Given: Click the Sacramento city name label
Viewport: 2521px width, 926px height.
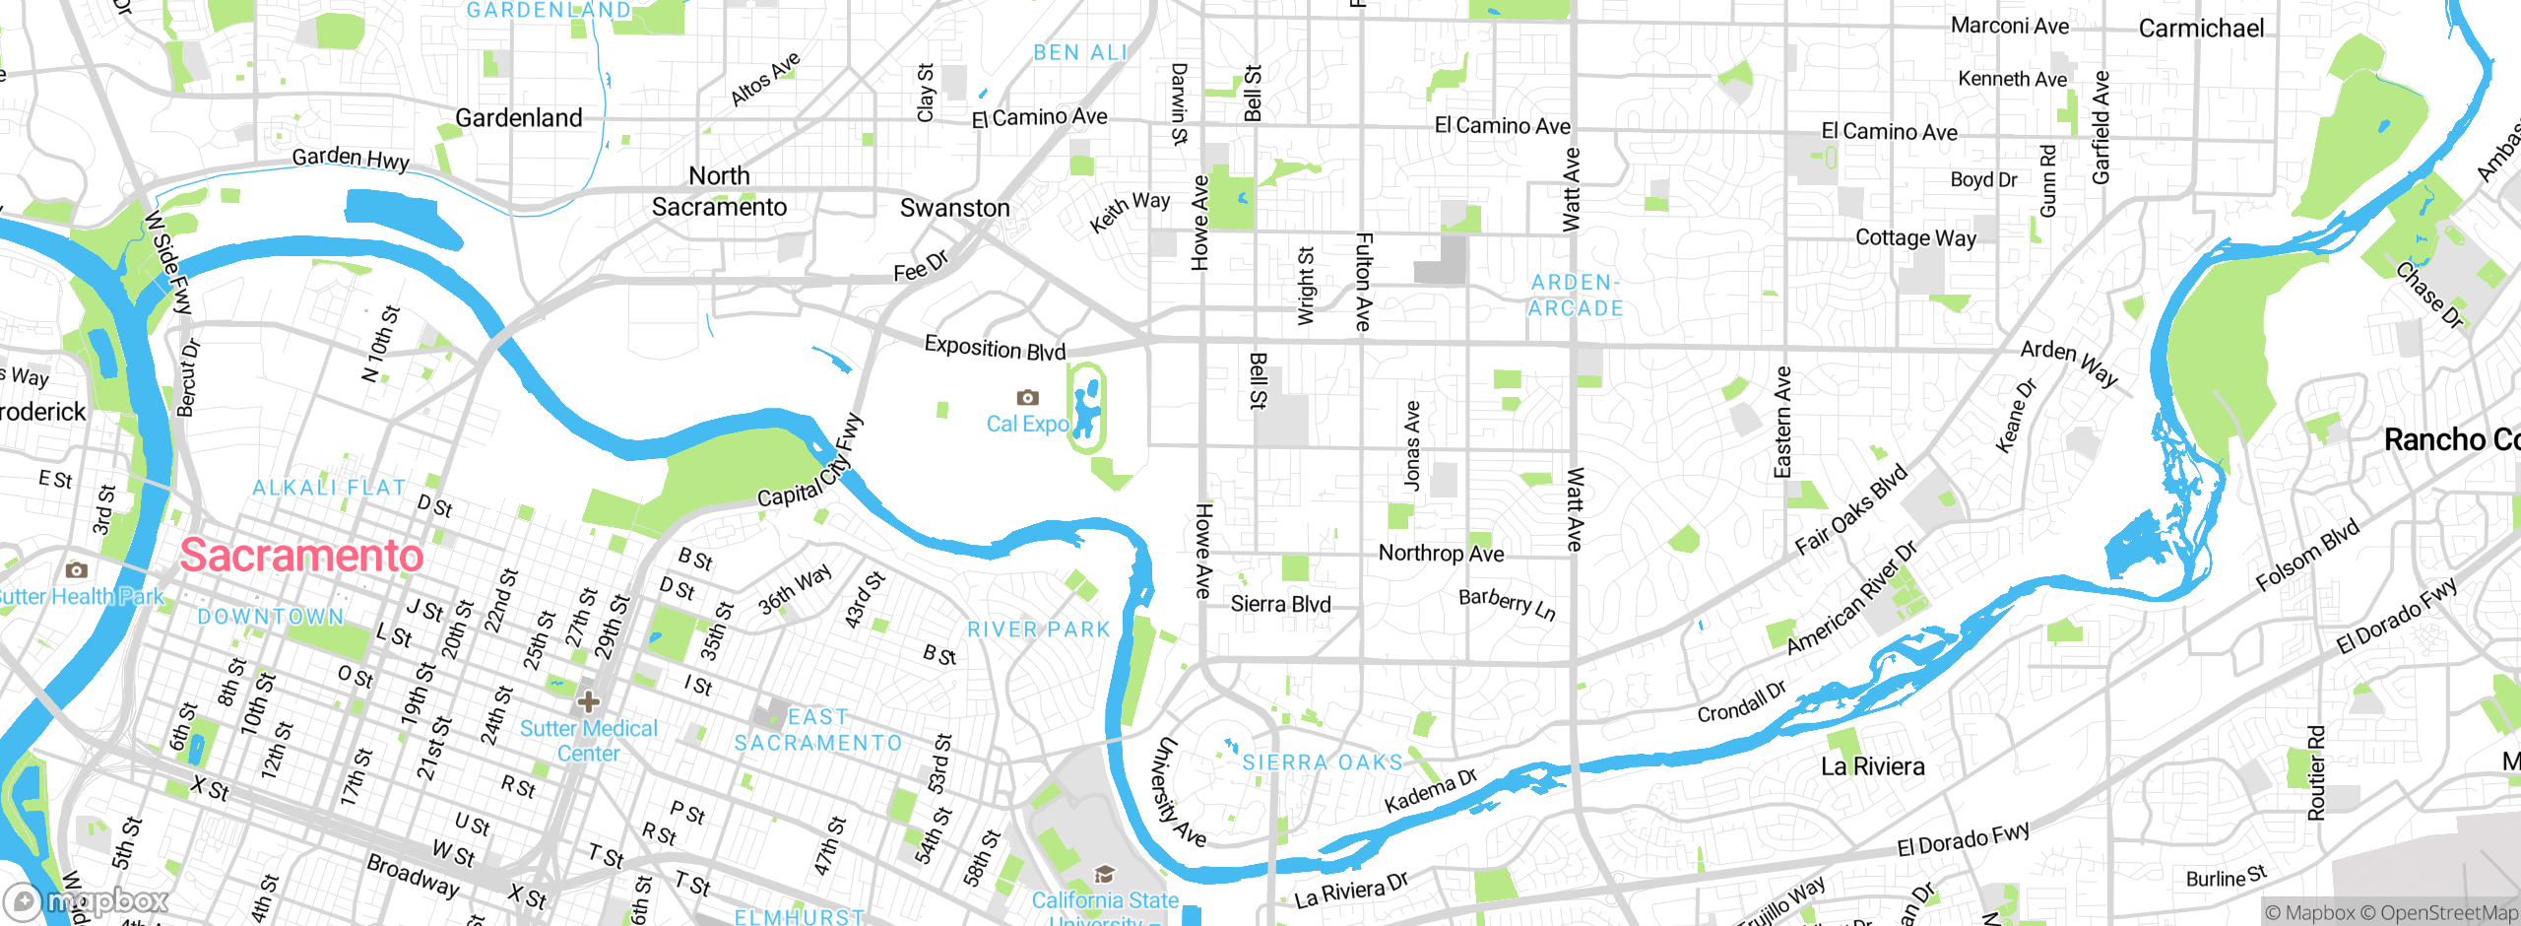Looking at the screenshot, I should coord(301,556).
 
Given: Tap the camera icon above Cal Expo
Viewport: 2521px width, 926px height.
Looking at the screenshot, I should coord(1027,397).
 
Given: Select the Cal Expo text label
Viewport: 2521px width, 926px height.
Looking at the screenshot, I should coord(1027,424).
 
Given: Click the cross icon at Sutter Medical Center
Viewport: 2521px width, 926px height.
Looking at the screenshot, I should coord(589,701).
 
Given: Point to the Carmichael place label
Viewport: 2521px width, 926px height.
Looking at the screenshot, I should coord(2201,29).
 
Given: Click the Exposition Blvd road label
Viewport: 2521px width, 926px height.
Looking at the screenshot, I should coord(995,348).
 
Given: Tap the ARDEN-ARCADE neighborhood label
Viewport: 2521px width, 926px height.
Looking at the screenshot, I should coord(1575,296).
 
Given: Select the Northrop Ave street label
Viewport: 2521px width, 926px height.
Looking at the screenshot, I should coord(1441,554).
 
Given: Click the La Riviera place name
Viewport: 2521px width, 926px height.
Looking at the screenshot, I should coord(1872,766).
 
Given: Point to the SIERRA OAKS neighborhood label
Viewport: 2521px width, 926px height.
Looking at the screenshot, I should coord(1322,762).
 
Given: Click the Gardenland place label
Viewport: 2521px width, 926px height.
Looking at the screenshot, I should coord(518,118).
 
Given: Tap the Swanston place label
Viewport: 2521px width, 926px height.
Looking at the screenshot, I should coord(954,208).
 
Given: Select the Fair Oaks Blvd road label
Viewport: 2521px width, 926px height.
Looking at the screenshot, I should coord(1850,510).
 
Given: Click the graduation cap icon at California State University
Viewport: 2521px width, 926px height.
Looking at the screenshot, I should coord(1105,874).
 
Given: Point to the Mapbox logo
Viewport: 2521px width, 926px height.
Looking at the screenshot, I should coord(87,900).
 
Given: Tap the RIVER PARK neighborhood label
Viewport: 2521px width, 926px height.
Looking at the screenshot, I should coord(1038,629).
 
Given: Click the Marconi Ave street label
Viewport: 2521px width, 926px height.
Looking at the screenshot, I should coord(2009,26).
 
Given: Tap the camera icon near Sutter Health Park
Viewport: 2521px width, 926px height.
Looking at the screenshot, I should coord(76,569).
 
